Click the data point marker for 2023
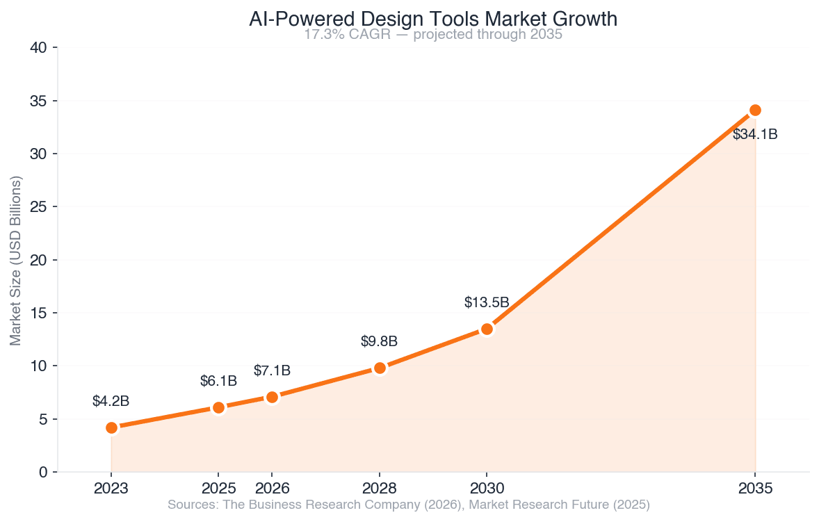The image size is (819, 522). [111, 427]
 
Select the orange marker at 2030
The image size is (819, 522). [487, 329]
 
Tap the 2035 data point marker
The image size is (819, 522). [755, 110]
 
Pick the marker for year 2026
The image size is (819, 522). [272, 397]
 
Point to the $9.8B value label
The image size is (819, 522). [379, 341]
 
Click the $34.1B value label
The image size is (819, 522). [755, 135]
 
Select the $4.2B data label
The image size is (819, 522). [111, 401]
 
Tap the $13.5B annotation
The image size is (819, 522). [487, 302]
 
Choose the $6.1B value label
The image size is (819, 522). [218, 381]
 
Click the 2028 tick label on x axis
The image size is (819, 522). [379, 488]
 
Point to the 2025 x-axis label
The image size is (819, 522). [218, 488]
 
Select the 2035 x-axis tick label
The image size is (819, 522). [755, 488]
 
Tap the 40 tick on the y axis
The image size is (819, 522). [39, 48]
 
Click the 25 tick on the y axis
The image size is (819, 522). [39, 207]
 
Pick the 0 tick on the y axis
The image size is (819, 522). [43, 473]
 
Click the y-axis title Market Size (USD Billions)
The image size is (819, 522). [16, 260]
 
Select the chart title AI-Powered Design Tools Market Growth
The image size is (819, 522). [432, 19]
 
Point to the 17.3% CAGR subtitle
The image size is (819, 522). [432, 35]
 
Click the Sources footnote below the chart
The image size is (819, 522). [409, 505]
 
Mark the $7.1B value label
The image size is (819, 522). [272, 370]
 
